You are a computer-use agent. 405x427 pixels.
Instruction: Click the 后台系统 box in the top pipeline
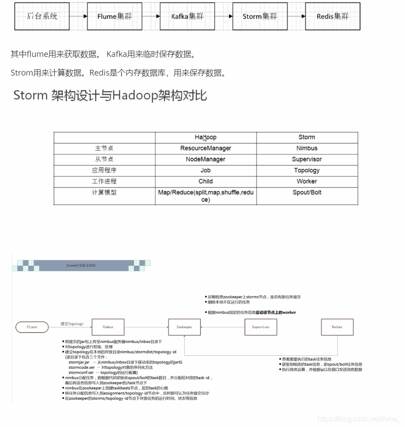point(42,16)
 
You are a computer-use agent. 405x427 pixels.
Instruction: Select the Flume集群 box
point(115,16)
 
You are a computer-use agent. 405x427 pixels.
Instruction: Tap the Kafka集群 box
point(187,16)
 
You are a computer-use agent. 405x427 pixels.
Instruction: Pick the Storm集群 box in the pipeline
point(260,16)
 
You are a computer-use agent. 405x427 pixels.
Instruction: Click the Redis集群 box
point(333,16)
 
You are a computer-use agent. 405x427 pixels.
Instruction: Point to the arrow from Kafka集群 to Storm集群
point(224,16)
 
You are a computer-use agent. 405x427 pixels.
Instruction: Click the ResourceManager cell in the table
point(205,148)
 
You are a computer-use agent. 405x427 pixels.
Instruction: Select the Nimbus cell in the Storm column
point(307,148)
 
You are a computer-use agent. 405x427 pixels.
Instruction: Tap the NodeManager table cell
point(205,159)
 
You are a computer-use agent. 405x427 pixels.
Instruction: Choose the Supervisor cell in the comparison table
point(307,159)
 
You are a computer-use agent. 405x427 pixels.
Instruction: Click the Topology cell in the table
point(307,170)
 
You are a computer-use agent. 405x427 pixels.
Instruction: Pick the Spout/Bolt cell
point(307,192)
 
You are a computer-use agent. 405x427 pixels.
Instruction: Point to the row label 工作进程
point(104,181)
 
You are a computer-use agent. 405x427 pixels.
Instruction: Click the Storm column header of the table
point(307,137)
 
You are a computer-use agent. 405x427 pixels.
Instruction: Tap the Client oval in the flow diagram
point(32,327)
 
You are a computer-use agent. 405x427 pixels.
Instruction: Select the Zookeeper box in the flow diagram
point(184,327)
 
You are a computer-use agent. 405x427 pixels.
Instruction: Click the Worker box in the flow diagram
point(337,327)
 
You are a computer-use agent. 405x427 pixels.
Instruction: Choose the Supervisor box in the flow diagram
point(261,327)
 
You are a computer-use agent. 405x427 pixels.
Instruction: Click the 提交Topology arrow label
point(72,324)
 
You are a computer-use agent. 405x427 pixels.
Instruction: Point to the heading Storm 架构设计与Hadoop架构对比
point(110,96)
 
